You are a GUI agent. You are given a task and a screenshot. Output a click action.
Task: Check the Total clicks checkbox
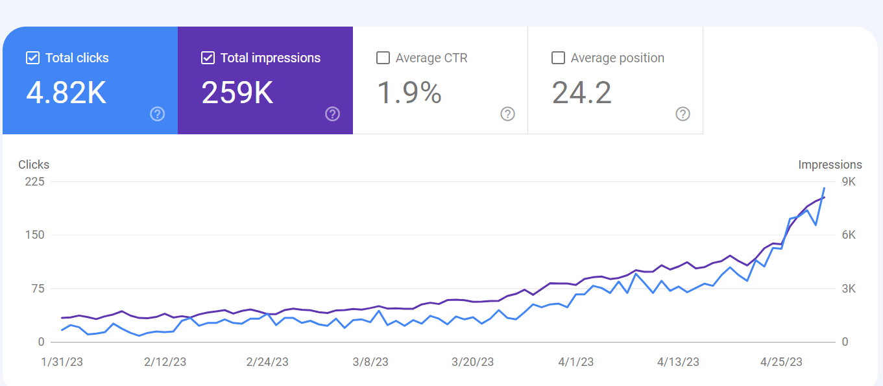[32, 58]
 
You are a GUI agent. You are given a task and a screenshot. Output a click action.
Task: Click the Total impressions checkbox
[208, 58]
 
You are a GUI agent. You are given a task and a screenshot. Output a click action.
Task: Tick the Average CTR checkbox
[383, 58]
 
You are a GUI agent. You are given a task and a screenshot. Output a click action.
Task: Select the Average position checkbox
[558, 58]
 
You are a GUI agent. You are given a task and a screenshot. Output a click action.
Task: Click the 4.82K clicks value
[66, 93]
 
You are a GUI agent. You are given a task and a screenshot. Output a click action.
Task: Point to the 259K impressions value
[237, 93]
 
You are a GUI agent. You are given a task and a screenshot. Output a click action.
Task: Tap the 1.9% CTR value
[409, 93]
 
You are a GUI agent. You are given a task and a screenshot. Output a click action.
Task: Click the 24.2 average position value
[582, 93]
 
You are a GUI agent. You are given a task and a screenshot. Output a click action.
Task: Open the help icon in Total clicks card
[157, 114]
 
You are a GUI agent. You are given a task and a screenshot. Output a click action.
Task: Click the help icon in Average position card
[683, 114]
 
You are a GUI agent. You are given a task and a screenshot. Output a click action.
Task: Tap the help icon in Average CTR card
[508, 114]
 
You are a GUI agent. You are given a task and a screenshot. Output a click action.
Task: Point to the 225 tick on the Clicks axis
[34, 182]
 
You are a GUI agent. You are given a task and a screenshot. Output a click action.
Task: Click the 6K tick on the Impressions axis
[849, 235]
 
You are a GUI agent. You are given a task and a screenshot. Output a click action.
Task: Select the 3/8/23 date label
[370, 362]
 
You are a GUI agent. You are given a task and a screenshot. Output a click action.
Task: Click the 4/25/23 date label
[781, 362]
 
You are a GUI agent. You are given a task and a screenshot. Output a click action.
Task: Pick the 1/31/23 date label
[62, 362]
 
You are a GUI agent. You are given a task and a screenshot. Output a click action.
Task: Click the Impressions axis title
[830, 165]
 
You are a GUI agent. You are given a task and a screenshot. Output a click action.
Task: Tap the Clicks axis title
[34, 165]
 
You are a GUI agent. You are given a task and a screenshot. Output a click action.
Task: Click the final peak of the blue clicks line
[824, 188]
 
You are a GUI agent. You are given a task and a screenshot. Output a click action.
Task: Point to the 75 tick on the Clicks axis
[38, 289]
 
